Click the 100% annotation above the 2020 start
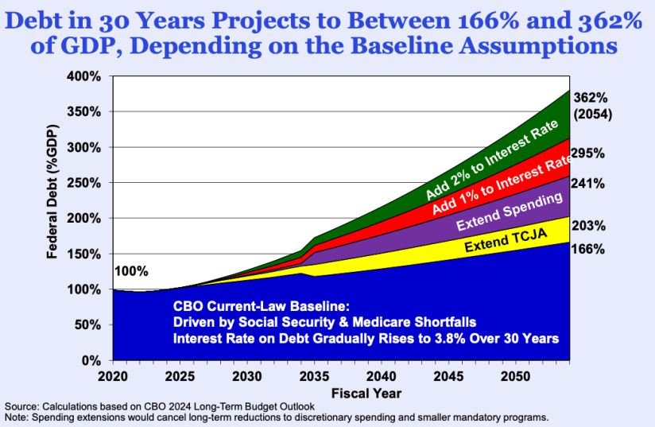click(131, 271)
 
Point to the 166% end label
click(588, 249)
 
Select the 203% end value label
click(588, 225)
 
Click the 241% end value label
click(588, 183)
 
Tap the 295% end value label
click(588, 153)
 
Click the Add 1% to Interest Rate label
click(503, 188)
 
